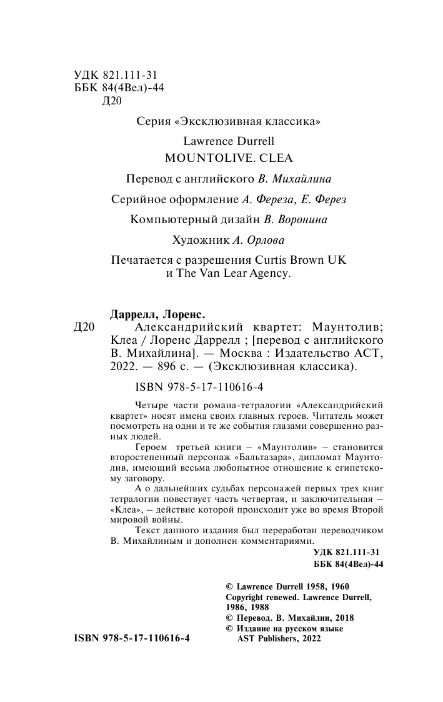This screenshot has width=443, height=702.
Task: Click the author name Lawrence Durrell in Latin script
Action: pyautogui.click(x=228, y=141)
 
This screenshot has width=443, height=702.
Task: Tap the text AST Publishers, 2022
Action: pyautogui.click(x=279, y=639)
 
